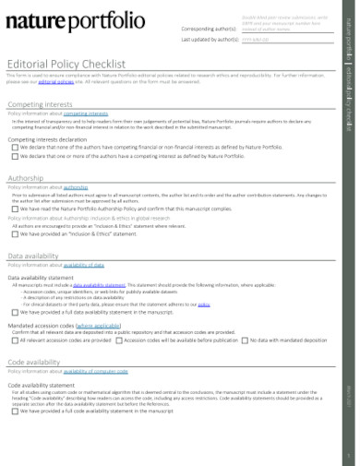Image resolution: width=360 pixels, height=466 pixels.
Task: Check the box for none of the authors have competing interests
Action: (16, 147)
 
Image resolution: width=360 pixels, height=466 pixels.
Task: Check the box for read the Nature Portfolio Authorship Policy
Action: (16, 209)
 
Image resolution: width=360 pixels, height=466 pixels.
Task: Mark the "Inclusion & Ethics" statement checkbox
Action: (16, 233)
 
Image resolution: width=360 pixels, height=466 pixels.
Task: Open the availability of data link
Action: (93, 265)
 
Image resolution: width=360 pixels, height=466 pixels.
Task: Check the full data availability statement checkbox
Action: (16, 312)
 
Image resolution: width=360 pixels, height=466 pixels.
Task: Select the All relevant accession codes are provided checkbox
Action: (16, 340)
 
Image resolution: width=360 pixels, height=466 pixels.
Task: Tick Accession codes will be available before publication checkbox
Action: (119, 340)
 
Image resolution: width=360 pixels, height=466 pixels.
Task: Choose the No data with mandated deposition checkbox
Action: (246, 340)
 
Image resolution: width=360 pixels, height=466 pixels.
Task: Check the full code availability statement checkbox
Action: (16, 411)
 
